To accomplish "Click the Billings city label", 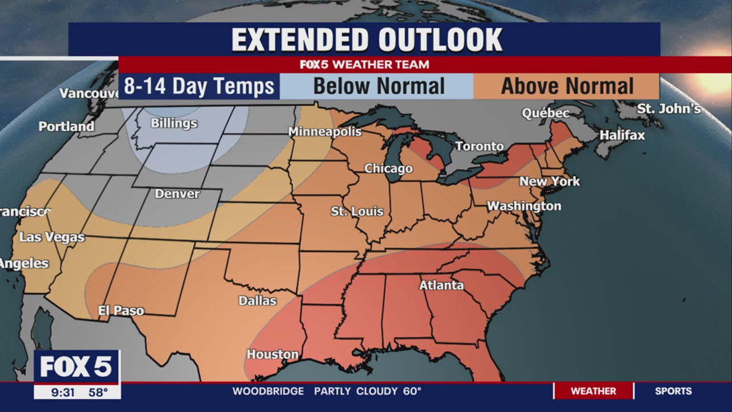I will coord(174,123).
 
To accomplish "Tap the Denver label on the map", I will coord(177,193).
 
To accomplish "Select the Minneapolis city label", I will coord(325,132).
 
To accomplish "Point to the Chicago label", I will coord(388,168).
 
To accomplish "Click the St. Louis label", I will coord(357,211).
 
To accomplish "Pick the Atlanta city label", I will coord(441,285).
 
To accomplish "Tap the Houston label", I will coord(272,354).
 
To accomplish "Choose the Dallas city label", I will coord(257,300).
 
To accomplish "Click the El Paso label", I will coord(121,311).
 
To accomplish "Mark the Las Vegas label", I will coord(51,237).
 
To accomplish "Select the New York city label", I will coord(549,181).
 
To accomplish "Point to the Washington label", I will coord(524,206).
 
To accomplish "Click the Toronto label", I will coord(479,146).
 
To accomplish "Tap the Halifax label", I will coord(622,135).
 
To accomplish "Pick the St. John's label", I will coord(669,109).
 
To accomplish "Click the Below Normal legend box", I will coord(378,86).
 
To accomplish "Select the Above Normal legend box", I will coord(567,86).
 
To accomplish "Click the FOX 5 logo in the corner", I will coord(76,367).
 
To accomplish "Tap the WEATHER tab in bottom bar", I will coord(593,391).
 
